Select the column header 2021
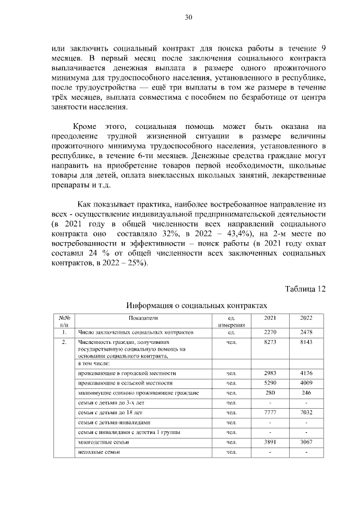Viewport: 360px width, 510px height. (x=271, y=318)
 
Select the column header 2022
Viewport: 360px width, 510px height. (x=306, y=318)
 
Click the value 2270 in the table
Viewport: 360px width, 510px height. (x=271, y=332)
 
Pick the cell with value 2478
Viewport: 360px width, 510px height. (x=306, y=332)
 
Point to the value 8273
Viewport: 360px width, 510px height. (x=271, y=342)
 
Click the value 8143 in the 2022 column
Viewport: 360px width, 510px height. (x=306, y=342)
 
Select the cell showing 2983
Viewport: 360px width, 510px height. (x=271, y=373)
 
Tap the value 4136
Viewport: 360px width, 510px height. (x=306, y=373)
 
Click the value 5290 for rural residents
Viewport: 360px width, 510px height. (x=271, y=383)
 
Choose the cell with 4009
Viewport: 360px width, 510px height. (x=306, y=383)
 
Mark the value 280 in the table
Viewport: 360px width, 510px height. (x=271, y=392)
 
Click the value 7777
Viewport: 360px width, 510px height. (x=271, y=413)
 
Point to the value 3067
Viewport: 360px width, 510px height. (x=306, y=442)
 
